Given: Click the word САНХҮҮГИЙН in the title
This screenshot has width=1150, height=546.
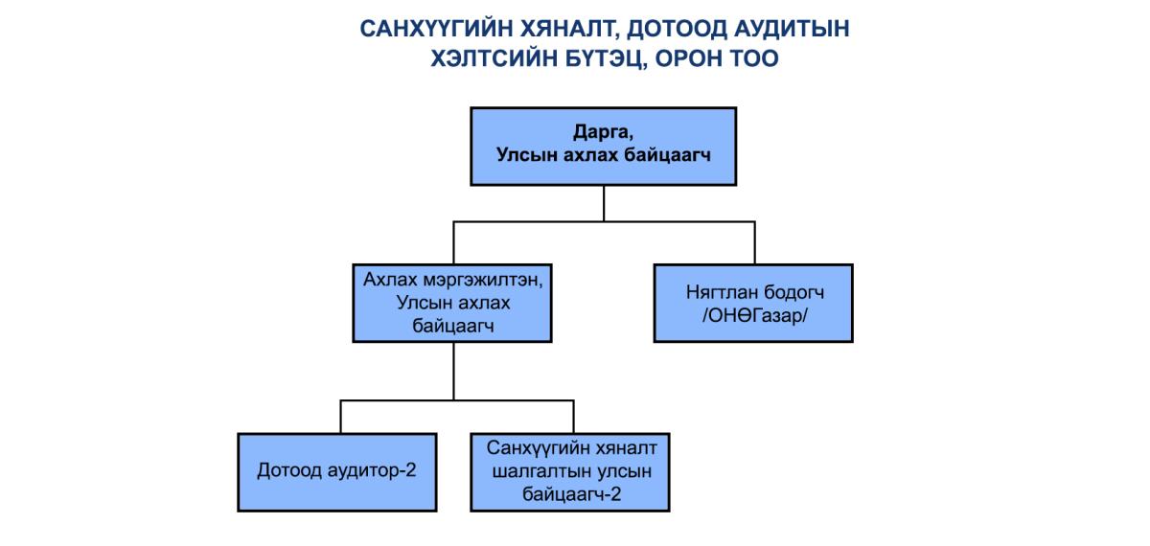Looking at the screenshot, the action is click(x=435, y=29).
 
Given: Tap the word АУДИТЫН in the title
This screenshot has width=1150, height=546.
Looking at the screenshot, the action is click(x=792, y=29).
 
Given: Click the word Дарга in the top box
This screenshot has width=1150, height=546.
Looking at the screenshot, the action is click(x=603, y=132).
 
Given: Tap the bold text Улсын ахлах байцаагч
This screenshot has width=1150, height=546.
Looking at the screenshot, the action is click(x=603, y=154).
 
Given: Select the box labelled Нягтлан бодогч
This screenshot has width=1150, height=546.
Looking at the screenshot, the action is click(x=753, y=304).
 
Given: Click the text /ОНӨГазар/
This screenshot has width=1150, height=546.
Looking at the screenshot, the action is click(x=754, y=315).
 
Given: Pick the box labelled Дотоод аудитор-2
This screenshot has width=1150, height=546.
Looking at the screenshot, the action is click(x=337, y=472).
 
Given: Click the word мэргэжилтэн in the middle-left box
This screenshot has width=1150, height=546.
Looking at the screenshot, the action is click(x=483, y=280).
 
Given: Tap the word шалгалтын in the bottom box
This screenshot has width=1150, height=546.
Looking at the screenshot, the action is click(x=536, y=471).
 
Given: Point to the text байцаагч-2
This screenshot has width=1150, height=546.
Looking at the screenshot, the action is click(x=571, y=494).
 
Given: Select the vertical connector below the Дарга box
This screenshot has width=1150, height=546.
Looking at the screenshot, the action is click(x=604, y=204).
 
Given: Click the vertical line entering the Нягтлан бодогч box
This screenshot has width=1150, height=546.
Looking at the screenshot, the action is click(x=755, y=242).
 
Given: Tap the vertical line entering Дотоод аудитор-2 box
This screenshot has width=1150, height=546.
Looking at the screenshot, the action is click(x=340, y=417).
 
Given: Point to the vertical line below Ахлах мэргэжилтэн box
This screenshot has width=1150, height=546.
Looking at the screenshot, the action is click(x=453, y=371).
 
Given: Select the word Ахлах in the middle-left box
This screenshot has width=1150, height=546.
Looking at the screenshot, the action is click(x=390, y=280).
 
